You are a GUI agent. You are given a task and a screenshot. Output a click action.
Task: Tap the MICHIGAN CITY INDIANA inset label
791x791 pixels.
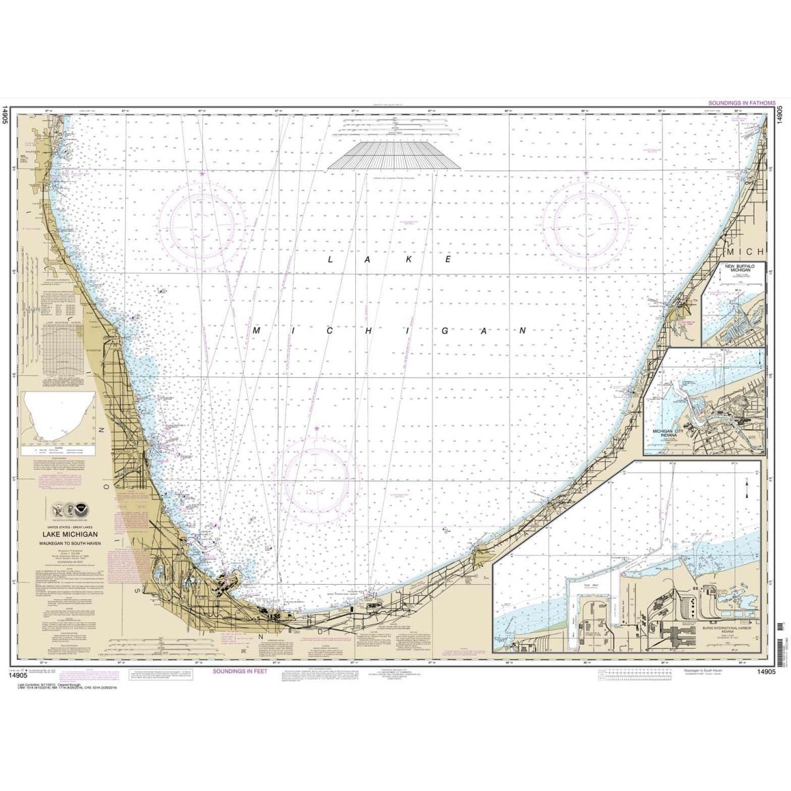[670, 433]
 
